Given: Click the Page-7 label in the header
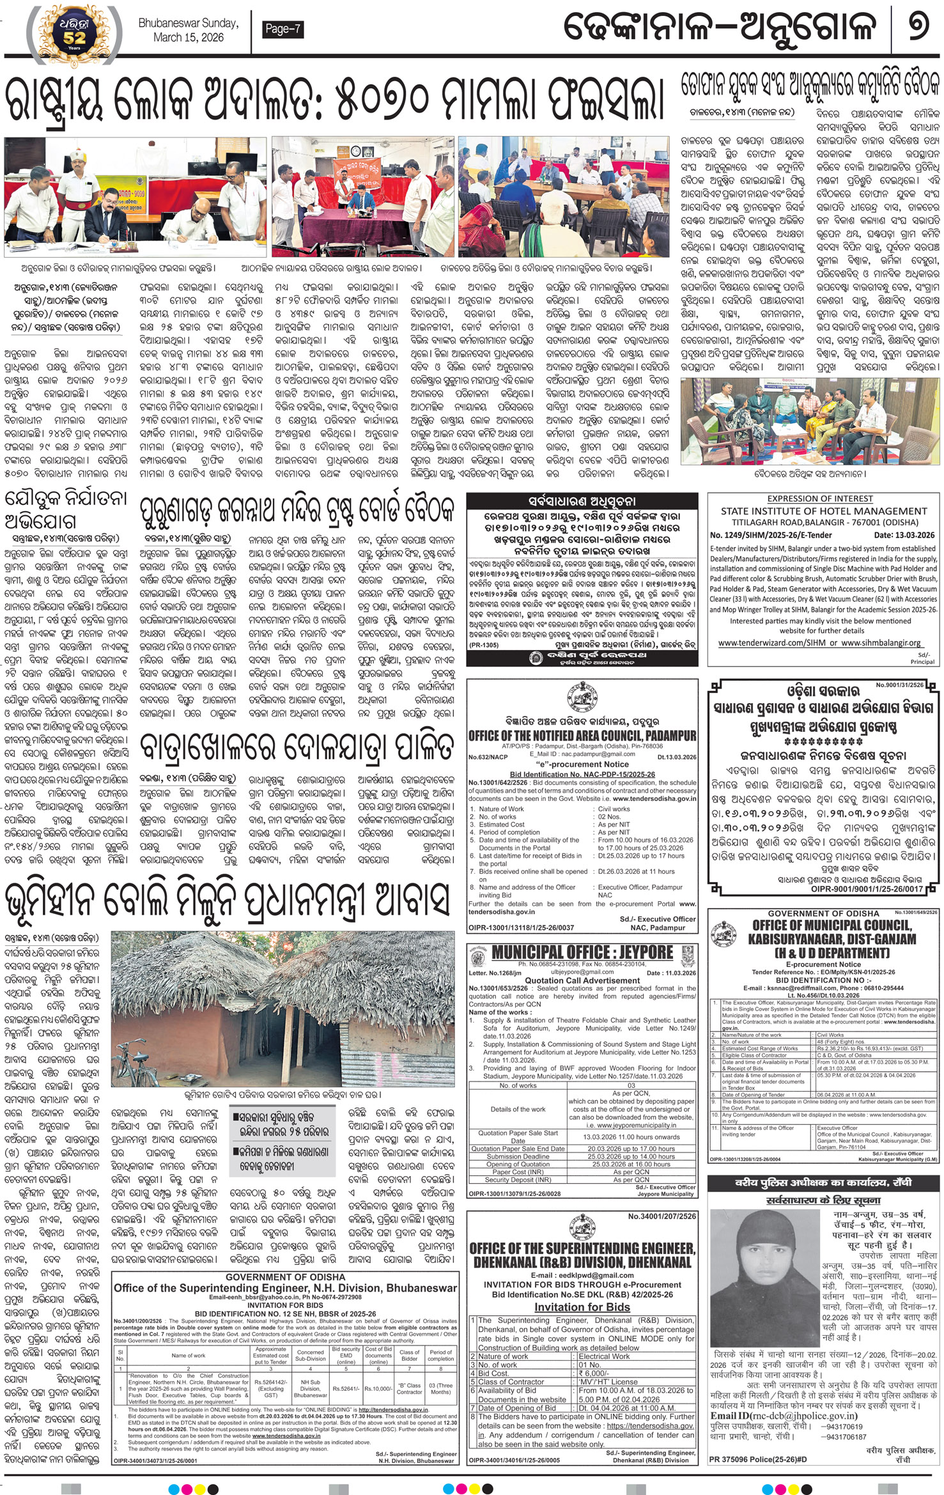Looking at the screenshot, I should [x=282, y=29].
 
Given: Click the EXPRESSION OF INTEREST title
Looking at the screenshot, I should [x=820, y=499].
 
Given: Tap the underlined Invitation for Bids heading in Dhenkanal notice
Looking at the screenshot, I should [x=582, y=1306].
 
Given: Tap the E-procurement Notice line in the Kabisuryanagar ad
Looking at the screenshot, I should [x=823, y=964].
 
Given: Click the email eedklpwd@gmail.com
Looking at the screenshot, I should [x=582, y=1274].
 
